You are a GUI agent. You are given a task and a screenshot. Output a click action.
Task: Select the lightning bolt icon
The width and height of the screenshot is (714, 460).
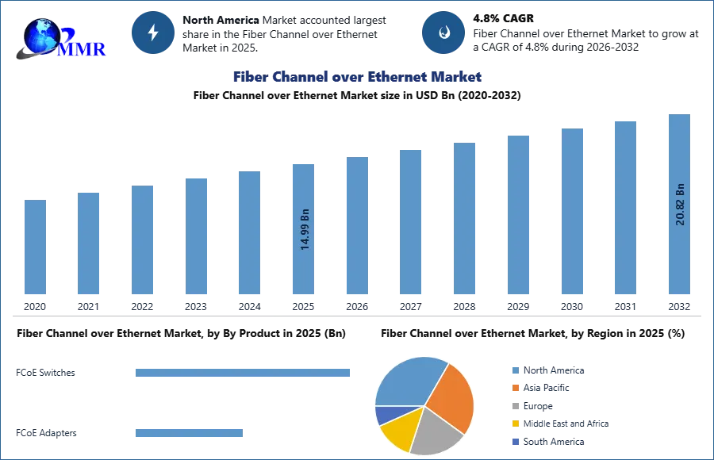[153, 33]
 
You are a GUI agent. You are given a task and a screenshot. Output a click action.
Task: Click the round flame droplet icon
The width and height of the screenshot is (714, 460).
[443, 33]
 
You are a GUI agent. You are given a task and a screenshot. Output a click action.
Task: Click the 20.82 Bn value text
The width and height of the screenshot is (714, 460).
[679, 205]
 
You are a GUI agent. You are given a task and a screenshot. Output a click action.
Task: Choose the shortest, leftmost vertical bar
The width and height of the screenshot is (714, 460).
[35, 247]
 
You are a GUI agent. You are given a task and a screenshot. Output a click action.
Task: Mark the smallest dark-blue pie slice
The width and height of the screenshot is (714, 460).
[385, 414]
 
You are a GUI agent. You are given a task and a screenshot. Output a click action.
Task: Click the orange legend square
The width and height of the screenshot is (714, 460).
[515, 387]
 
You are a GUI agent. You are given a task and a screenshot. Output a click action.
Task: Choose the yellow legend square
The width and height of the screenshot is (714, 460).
[515, 424]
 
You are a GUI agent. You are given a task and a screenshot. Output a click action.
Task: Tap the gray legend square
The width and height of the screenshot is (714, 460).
[515, 406]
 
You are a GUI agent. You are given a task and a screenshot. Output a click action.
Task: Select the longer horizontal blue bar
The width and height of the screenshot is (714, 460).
[244, 374]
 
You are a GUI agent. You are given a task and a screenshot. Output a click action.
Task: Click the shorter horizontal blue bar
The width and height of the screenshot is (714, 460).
[190, 432]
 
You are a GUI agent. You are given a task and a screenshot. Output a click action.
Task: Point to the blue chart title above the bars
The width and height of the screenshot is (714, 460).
[356, 77]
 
